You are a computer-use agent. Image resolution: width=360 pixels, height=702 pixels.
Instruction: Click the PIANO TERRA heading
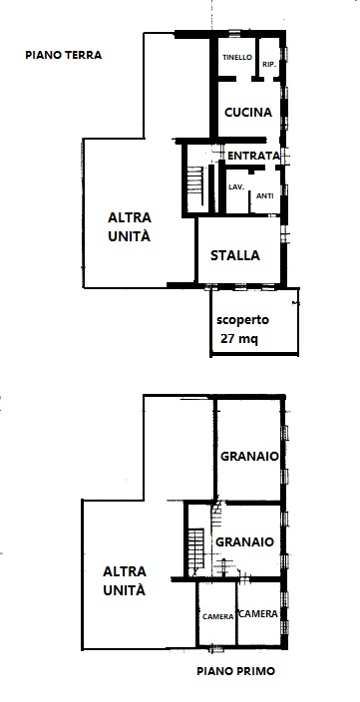64,56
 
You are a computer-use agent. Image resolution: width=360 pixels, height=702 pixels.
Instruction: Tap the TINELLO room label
236,58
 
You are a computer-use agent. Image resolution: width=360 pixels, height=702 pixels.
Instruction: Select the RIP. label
268,65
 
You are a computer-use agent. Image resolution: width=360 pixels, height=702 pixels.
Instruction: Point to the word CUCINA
248,113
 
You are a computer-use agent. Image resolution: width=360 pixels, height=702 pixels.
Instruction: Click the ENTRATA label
253,157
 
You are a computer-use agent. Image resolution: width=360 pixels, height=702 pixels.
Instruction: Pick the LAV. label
236,186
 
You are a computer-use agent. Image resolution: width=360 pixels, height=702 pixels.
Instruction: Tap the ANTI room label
264,195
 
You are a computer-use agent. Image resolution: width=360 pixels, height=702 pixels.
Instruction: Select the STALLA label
235,255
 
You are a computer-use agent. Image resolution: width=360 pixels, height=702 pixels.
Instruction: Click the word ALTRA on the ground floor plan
130,218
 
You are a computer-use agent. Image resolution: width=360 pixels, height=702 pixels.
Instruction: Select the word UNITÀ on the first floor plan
124,590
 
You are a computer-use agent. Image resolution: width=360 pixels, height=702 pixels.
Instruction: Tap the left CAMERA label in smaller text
217,616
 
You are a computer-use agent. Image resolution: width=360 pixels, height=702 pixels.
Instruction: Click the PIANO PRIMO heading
234,672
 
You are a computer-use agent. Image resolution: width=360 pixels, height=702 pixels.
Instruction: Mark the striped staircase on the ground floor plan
195,182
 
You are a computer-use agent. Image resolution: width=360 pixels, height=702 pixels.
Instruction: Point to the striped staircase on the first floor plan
194,550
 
